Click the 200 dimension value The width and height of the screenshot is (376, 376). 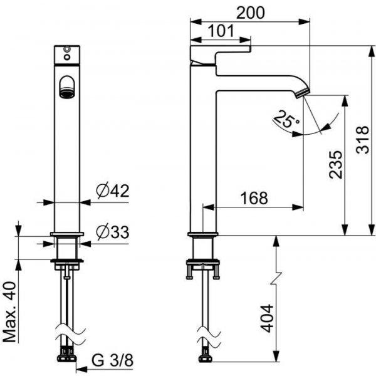[250, 13]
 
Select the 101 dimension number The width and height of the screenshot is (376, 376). [221, 31]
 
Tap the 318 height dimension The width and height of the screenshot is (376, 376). [362, 140]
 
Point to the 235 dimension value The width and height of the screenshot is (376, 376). [335, 165]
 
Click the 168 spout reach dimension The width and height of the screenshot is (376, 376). [254, 198]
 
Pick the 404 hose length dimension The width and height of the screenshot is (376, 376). [267, 318]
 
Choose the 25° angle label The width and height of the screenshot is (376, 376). [286, 119]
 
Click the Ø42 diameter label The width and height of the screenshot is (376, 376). [113, 191]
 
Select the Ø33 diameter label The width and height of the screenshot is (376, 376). [113, 232]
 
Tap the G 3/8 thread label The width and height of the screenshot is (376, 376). [112, 360]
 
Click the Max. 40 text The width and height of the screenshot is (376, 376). [10, 312]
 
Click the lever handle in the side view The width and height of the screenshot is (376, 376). [220, 55]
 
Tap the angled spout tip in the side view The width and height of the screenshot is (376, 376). [303, 93]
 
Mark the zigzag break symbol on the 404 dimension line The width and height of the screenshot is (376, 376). [276, 278]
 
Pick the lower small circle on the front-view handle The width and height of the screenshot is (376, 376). [67, 57]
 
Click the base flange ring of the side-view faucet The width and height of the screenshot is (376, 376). [203, 234]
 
